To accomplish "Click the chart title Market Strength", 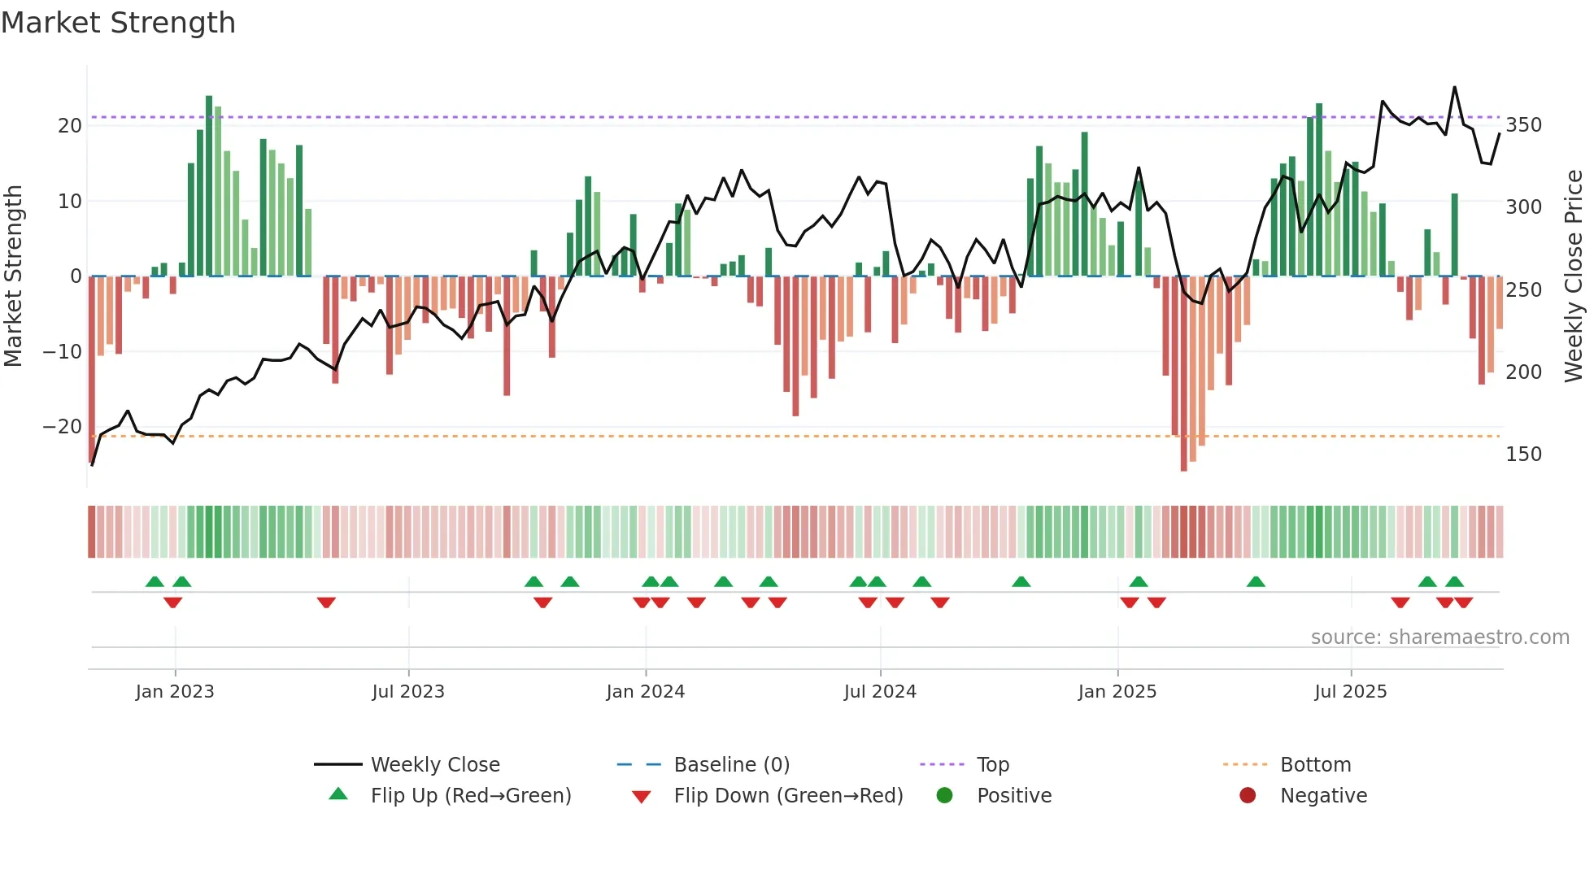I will click(119, 23).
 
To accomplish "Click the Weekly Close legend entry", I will click(434, 765).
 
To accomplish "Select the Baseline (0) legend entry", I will click(731, 765).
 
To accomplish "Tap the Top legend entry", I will click(992, 765).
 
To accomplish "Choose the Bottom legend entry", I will click(1315, 765).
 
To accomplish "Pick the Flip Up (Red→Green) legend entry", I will click(470, 796).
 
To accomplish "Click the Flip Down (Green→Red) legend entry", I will click(787, 796).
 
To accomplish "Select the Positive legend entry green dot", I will click(944, 796).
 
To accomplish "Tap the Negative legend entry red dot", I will click(1248, 796).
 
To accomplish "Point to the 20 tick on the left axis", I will click(70, 126).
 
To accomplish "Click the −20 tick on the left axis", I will click(63, 427).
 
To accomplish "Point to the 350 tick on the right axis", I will click(1523, 125).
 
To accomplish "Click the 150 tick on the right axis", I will click(1523, 455).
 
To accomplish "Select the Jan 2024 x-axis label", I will click(646, 692).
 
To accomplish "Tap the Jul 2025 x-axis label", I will click(1351, 692).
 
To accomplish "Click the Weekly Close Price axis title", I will click(1574, 276).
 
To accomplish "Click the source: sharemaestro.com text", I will click(1439, 637).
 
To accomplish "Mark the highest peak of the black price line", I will click(1455, 87).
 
